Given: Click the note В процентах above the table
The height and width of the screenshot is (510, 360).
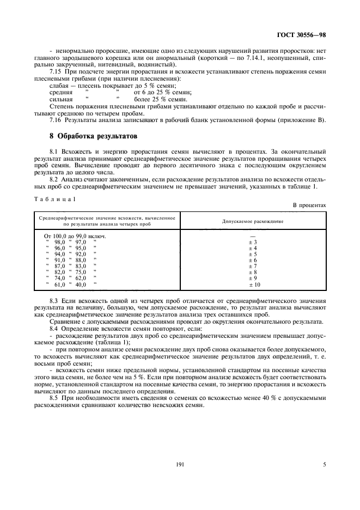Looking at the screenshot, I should point(309,205).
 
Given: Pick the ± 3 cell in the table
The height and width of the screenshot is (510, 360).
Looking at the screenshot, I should point(252,242).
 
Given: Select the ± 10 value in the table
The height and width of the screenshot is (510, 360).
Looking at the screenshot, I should point(254,284).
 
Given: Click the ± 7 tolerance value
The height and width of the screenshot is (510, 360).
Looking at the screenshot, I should point(252,266).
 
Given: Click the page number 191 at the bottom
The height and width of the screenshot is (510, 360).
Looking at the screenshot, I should point(180,465).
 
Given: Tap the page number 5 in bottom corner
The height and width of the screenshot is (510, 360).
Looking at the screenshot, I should point(324,465).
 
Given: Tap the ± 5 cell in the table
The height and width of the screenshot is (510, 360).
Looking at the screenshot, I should point(252,254).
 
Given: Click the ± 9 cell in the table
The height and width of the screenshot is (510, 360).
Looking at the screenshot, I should point(252,278).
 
